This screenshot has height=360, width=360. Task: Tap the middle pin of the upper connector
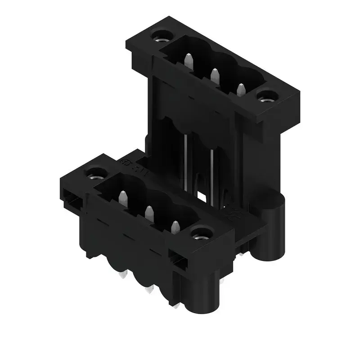[215, 75]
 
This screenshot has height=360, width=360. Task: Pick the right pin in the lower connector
[175, 227]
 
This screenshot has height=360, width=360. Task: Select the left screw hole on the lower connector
[95, 172]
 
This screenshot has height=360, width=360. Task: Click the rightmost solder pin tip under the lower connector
[176, 306]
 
